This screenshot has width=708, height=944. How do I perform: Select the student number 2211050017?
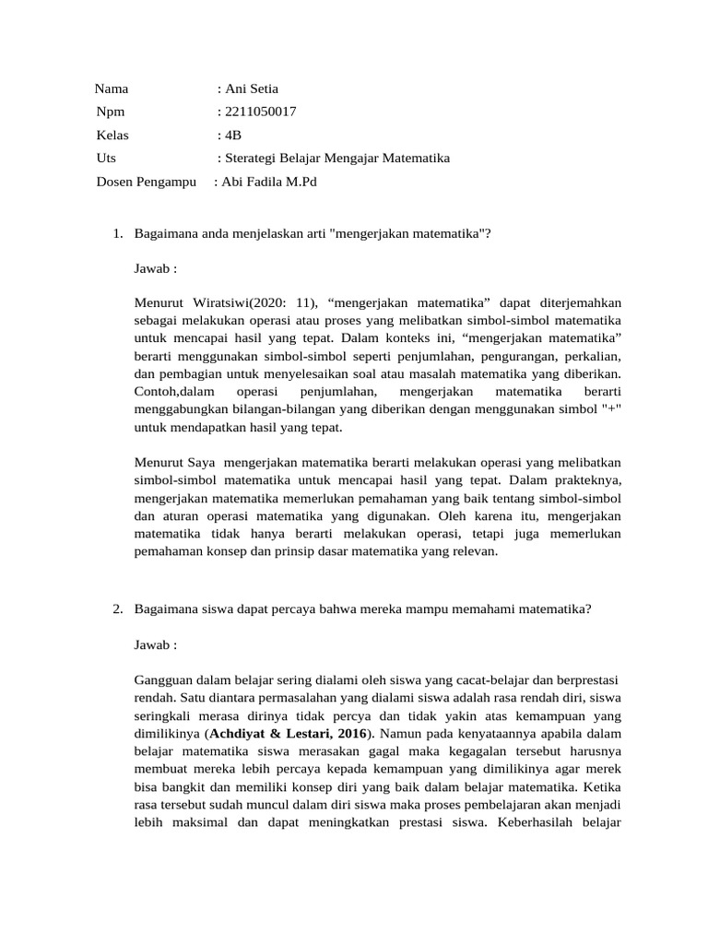(x=260, y=112)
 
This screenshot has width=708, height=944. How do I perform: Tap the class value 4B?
(x=233, y=136)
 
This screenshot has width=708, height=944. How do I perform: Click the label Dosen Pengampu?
(x=147, y=182)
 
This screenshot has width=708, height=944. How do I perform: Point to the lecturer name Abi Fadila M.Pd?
(x=268, y=182)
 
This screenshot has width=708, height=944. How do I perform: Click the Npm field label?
(x=110, y=112)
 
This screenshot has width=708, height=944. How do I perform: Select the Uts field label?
(x=106, y=159)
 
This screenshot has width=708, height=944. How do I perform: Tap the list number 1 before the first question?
(x=117, y=233)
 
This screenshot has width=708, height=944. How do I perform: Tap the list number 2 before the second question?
(x=117, y=608)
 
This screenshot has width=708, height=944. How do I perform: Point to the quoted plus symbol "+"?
(x=609, y=409)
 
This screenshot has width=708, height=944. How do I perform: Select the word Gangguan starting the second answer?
(x=163, y=679)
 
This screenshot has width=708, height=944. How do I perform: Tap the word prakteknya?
(x=588, y=480)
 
